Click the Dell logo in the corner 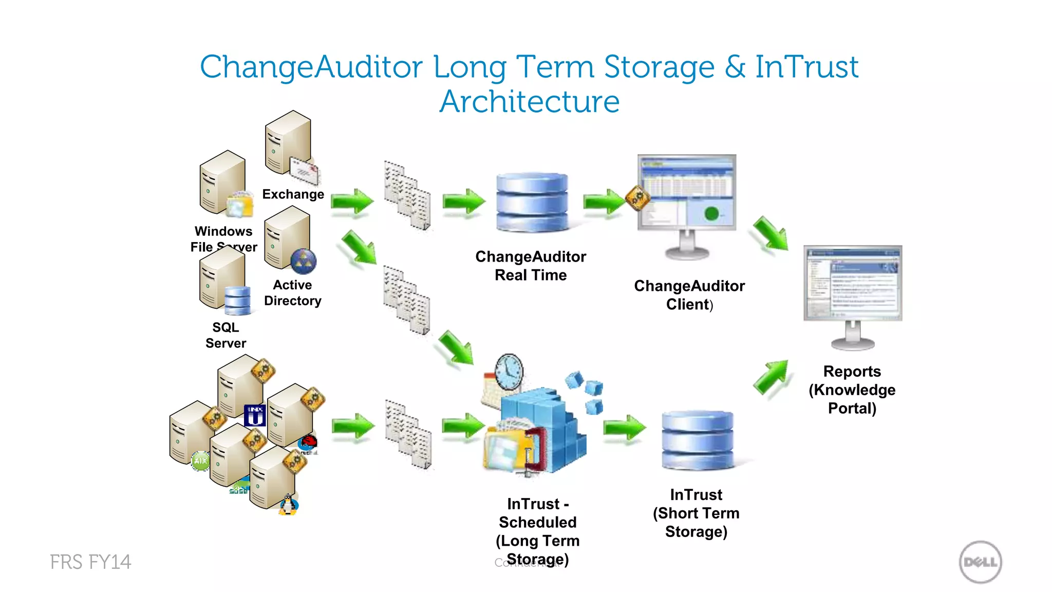[x=980, y=562]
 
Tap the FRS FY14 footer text [x=90, y=562]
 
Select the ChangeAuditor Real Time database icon [x=533, y=202]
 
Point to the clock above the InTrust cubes [x=509, y=372]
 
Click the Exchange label [x=293, y=194]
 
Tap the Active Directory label [x=292, y=293]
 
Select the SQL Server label [x=226, y=335]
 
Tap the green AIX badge [x=200, y=460]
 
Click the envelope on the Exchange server [x=304, y=171]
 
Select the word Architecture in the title [x=529, y=101]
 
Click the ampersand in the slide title [x=735, y=67]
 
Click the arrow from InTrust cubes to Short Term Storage [x=624, y=428]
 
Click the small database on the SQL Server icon [x=237, y=300]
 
